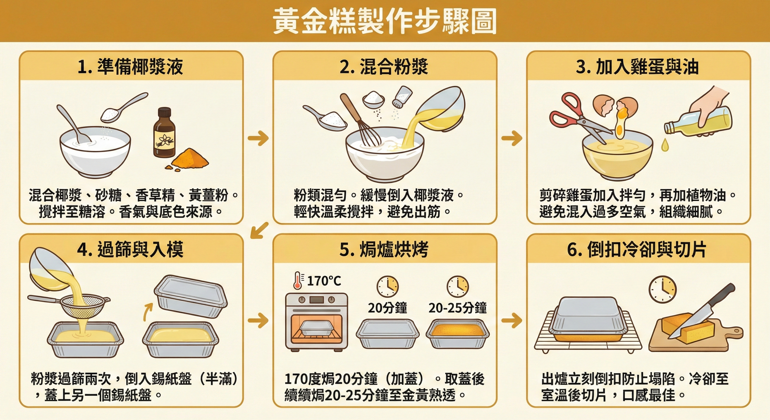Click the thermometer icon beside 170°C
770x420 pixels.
tap(298, 280)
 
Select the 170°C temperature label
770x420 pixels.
tap(324, 281)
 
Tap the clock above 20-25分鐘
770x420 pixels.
tap(457, 286)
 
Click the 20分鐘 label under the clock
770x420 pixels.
tap(387, 308)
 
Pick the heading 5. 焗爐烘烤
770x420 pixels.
tap(384, 249)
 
